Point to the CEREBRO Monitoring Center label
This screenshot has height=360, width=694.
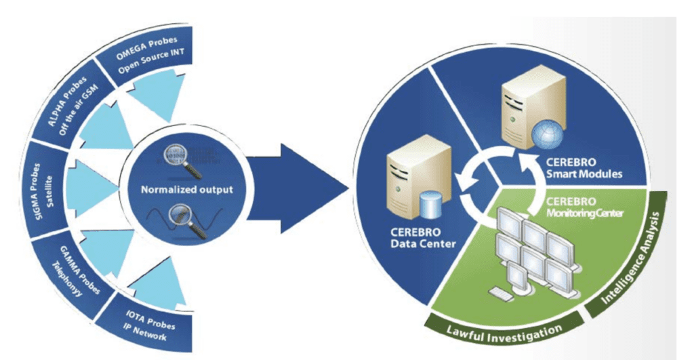[x=579, y=207]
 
